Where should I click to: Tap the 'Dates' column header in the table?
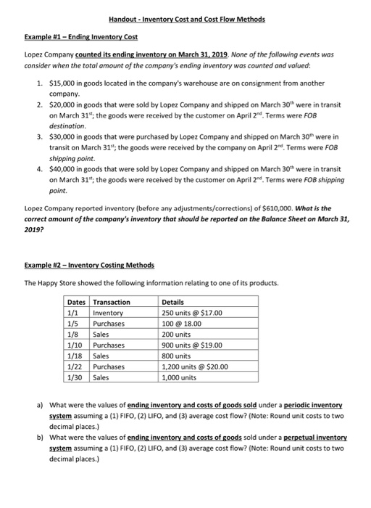76,303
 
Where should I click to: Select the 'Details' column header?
175,303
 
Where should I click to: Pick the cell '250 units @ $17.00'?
192,313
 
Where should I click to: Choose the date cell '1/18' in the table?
75,356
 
